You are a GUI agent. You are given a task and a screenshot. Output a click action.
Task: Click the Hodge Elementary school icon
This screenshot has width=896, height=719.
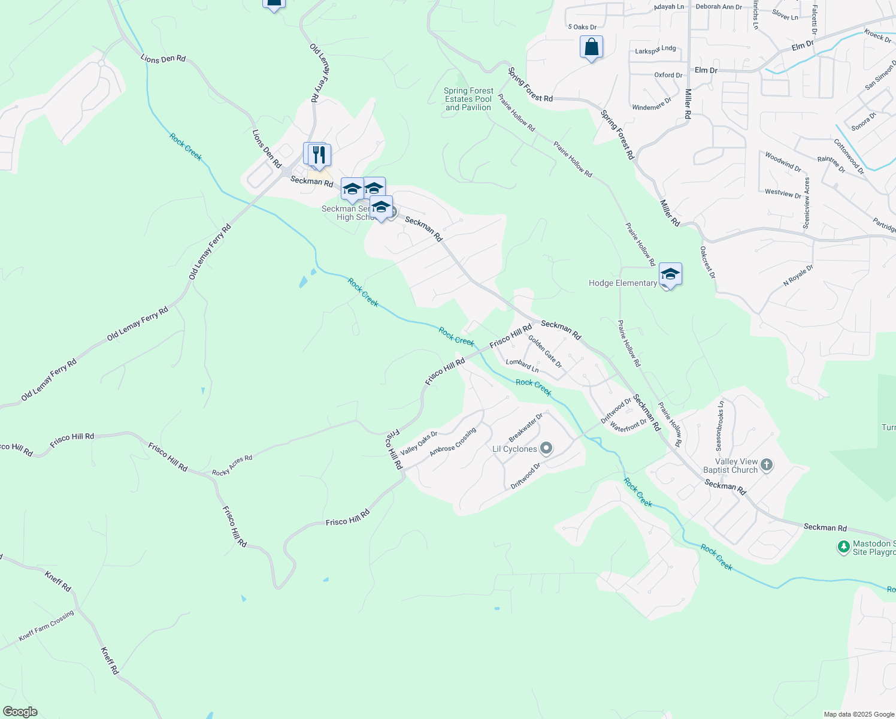click(x=670, y=274)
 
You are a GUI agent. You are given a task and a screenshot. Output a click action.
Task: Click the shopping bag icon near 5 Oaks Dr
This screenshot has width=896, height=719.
click(x=591, y=47)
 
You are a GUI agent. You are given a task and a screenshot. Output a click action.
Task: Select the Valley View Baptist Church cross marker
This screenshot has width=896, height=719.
click(x=767, y=464)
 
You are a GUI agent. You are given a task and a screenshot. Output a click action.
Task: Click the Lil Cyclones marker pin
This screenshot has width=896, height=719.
click(x=546, y=448)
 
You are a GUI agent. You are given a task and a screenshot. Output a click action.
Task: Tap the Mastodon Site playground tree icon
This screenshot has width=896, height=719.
click(x=843, y=546)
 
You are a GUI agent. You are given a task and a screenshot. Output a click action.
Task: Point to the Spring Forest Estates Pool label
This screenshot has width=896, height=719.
click(x=468, y=99)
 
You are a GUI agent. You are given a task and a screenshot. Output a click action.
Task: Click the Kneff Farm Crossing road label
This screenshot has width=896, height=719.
click(x=46, y=626)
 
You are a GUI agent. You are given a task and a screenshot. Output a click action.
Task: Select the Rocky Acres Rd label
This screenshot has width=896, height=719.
click(x=232, y=466)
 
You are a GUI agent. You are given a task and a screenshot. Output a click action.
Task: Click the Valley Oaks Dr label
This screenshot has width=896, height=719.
click(x=419, y=443)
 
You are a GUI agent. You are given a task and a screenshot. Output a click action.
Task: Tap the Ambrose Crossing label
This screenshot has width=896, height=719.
click(x=453, y=442)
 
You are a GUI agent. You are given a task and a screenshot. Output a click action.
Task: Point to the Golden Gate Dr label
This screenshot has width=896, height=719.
click(x=544, y=352)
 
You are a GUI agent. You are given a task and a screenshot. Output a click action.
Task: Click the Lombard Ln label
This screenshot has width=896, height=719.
click(x=522, y=365)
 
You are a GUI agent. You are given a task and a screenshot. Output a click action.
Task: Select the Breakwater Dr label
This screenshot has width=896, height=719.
click(x=526, y=427)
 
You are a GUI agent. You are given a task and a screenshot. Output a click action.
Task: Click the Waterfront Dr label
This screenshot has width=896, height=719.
click(x=628, y=425)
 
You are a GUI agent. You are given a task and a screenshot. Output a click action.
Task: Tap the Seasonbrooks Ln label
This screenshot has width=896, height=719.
click(x=720, y=426)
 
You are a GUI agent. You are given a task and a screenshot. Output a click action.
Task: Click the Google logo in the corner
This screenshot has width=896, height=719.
click(x=20, y=712)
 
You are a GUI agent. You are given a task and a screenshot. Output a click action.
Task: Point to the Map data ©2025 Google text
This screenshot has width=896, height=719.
click(x=858, y=714)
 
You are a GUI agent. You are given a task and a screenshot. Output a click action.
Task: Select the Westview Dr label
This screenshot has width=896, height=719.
click(x=783, y=194)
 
